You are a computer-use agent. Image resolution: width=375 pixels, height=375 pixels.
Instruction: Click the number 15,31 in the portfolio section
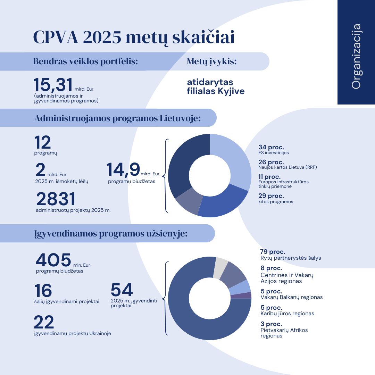(53, 85)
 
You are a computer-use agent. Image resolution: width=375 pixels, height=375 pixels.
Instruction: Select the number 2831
(56, 200)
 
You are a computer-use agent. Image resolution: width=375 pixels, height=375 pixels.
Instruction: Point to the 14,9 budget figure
(123, 169)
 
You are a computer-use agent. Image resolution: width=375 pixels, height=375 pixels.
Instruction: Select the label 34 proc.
(271, 147)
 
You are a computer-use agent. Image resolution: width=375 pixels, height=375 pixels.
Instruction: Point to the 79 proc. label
(273, 252)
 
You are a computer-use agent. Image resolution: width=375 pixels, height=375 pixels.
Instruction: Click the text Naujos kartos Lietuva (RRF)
(287, 167)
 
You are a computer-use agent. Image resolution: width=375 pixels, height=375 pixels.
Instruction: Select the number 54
(122, 290)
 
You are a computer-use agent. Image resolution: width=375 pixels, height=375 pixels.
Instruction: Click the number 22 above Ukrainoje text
(44, 322)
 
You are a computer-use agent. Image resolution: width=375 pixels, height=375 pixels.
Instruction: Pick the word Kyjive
(231, 91)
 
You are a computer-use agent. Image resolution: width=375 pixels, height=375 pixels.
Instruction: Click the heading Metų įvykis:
(212, 61)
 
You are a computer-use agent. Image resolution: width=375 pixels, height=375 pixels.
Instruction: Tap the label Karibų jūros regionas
(287, 314)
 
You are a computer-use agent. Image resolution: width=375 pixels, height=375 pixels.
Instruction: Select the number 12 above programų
(43, 143)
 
